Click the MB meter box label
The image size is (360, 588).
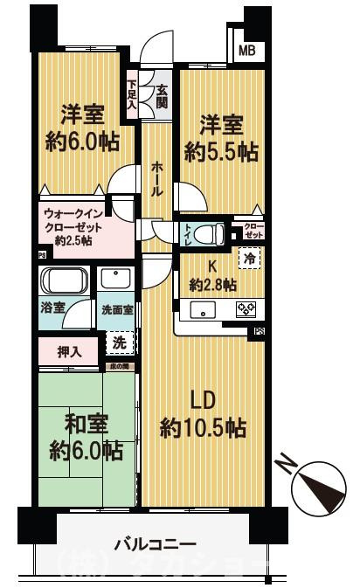(x=247, y=50)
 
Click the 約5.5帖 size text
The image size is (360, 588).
(x=221, y=150)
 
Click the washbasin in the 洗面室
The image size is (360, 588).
(x=114, y=279)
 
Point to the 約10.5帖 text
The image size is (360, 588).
(x=203, y=428)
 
